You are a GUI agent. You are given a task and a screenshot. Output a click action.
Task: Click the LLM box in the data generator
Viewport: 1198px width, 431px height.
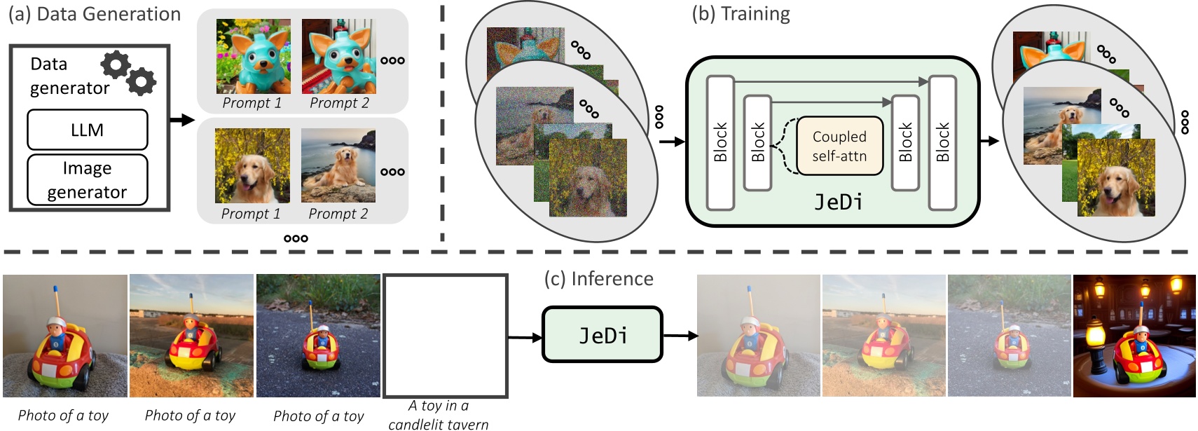pyautogui.click(x=87, y=130)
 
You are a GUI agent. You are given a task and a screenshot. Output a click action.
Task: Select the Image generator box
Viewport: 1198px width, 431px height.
pyautogui.click(x=87, y=179)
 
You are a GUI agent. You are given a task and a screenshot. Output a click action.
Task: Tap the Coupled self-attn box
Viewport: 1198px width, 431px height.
pyautogui.click(x=839, y=146)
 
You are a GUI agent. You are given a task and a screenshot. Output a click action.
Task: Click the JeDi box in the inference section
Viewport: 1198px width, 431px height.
pyautogui.click(x=603, y=335)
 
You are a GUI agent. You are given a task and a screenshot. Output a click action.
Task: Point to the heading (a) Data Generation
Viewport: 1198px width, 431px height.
pyautogui.click(x=95, y=14)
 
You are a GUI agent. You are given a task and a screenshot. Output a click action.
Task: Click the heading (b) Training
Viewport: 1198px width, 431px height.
pyautogui.click(x=741, y=14)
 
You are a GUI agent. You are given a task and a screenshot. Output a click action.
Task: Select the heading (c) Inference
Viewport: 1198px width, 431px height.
pyautogui.click(x=599, y=279)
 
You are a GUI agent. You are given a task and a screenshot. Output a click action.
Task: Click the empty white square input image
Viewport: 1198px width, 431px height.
pyautogui.click(x=445, y=336)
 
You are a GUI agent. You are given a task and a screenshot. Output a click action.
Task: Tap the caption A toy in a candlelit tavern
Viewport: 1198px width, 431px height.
pyautogui.click(x=439, y=415)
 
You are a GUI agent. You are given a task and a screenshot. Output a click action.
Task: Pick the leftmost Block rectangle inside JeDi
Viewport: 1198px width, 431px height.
pyautogui.click(x=720, y=142)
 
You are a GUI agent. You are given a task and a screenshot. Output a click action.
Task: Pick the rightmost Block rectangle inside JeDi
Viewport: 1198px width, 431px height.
pyautogui.click(x=942, y=142)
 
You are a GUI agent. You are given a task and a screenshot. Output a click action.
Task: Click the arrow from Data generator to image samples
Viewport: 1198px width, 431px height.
pyautogui.click(x=181, y=120)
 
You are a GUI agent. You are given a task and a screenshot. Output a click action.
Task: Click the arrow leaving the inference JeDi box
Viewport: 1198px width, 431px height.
pyautogui.click(x=680, y=336)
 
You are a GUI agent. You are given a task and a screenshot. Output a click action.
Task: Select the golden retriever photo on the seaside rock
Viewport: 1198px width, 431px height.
pyautogui.click(x=338, y=165)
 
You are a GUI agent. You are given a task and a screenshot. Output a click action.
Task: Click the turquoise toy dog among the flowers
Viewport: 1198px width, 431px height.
pyautogui.click(x=254, y=56)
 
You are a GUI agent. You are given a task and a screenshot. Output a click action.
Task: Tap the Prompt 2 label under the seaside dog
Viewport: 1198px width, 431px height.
pyautogui.click(x=338, y=214)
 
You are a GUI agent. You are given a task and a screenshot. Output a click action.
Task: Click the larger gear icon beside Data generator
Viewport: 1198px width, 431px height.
pyautogui.click(x=116, y=64)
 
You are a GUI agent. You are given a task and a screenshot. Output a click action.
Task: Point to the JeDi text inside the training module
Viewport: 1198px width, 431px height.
pyautogui.click(x=839, y=203)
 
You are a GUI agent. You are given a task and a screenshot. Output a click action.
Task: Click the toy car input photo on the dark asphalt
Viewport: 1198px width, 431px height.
pyautogui.click(x=318, y=336)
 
